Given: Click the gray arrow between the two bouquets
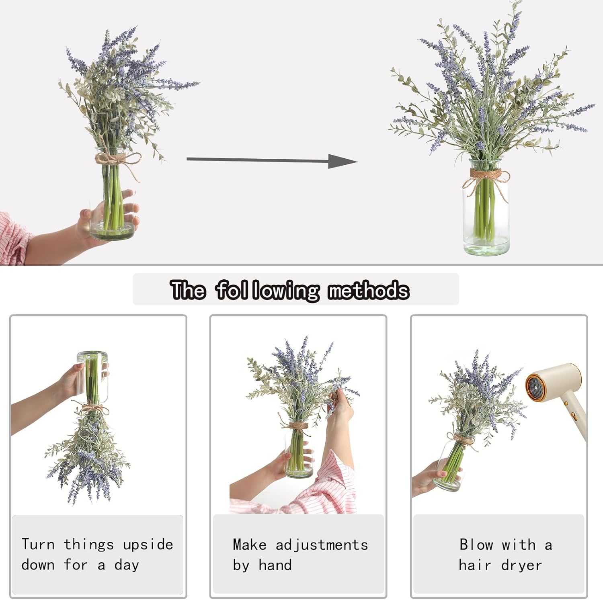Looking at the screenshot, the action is tap(272, 160).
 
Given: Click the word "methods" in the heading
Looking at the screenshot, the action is tap(368, 290).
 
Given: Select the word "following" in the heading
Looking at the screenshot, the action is tap(268, 291).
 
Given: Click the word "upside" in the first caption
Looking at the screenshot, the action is tap(148, 545).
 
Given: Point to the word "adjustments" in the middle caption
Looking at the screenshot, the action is tap(322, 545).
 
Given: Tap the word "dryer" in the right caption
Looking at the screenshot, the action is tap(521, 565).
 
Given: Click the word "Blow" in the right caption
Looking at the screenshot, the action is tap(476, 545).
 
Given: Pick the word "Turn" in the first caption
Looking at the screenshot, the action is tap(38, 545).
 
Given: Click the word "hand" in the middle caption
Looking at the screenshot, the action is tap(275, 565).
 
